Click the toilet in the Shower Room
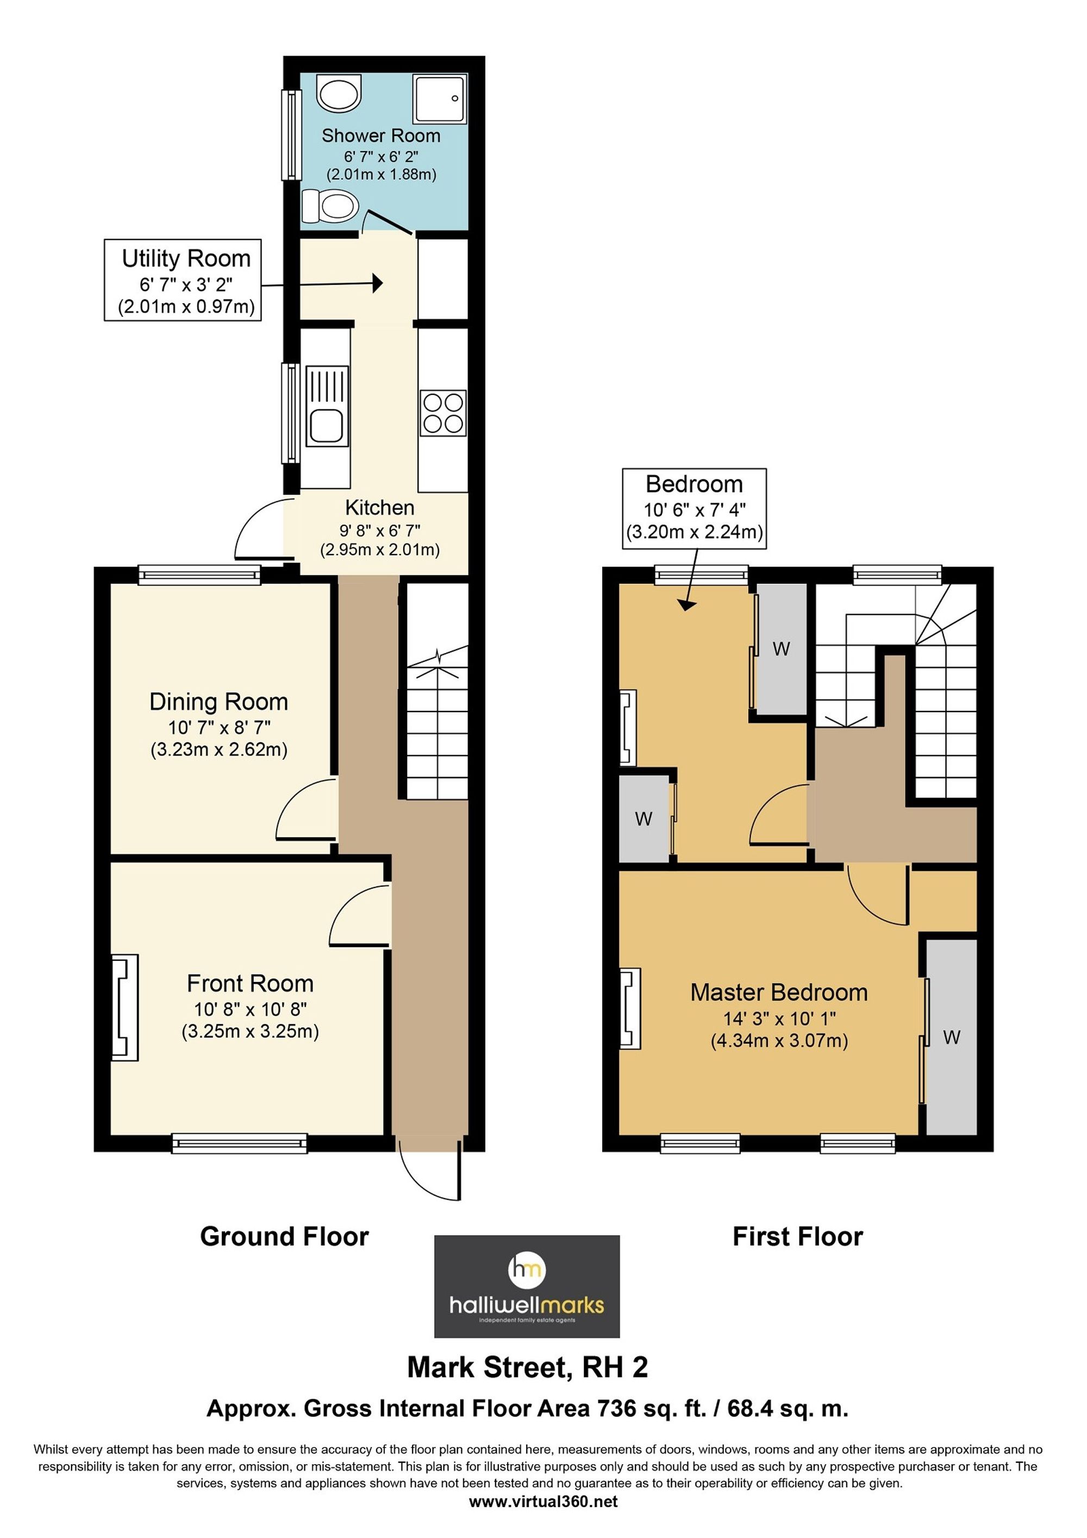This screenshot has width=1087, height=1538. click(329, 205)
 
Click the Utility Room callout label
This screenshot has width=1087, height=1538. click(182, 280)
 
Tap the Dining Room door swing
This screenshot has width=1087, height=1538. click(305, 810)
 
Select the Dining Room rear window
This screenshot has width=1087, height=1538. click(199, 575)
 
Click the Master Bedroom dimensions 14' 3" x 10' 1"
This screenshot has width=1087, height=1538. click(779, 1019)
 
